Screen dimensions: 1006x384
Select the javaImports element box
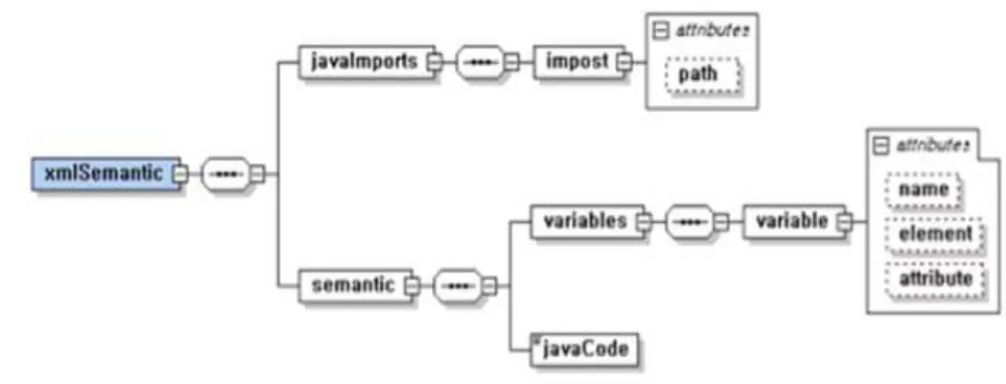pos(366,62)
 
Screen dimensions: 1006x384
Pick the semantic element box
pos(354,286)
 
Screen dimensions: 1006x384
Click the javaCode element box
pos(584,349)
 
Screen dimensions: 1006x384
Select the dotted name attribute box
pos(924,190)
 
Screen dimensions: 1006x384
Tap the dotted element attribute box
pos(935,234)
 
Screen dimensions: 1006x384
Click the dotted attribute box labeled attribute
pos(935,280)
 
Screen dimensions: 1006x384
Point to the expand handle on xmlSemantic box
pos(181,174)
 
